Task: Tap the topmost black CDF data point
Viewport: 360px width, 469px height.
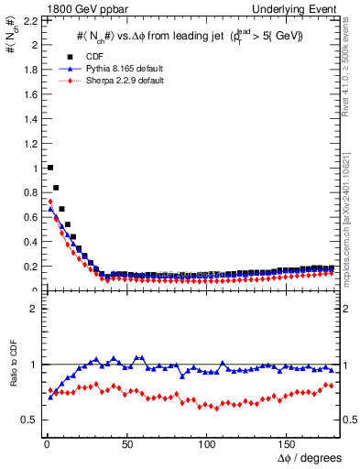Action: (49, 168)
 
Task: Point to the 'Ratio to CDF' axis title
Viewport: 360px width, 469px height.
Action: (11, 378)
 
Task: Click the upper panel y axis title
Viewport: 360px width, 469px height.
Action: (11, 41)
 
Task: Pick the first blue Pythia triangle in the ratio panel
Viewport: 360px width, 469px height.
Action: (49, 397)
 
